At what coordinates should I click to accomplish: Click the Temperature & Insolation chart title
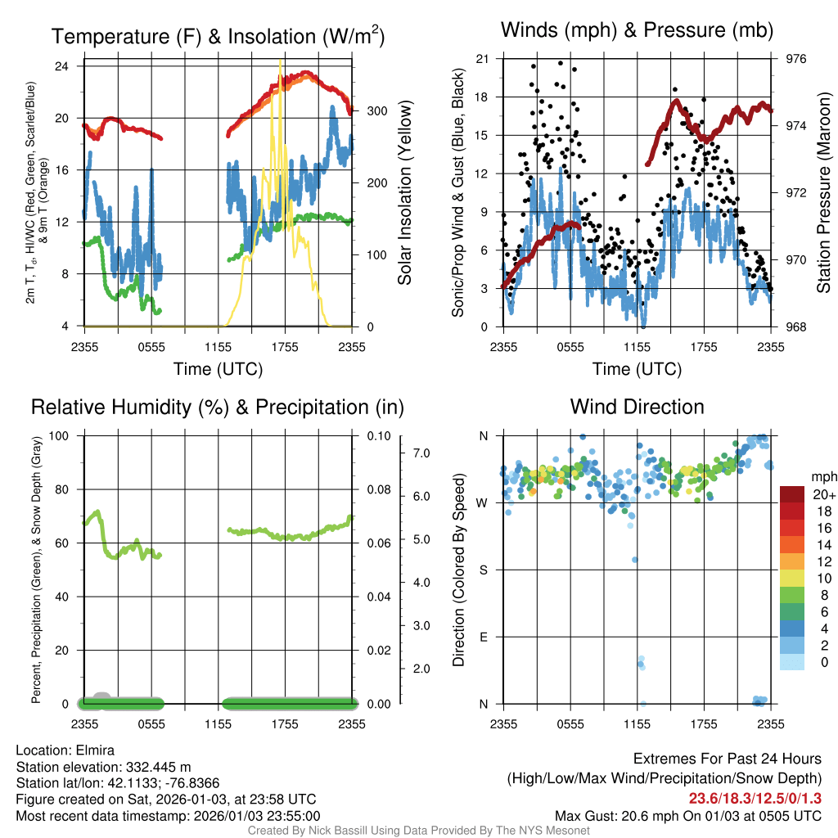pyautogui.click(x=219, y=37)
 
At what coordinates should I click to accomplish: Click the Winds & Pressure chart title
pyautogui.click(x=638, y=31)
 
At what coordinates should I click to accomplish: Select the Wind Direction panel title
pyautogui.click(x=637, y=407)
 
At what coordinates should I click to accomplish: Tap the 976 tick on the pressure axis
pyautogui.click(x=796, y=59)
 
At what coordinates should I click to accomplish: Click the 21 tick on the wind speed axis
pyautogui.click(x=483, y=59)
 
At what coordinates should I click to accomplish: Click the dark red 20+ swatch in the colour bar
pyautogui.click(x=792, y=494)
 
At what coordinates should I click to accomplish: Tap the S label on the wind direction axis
pyautogui.click(x=484, y=570)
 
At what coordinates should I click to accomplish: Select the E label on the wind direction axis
pyautogui.click(x=484, y=637)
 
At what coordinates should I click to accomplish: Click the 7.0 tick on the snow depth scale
pyautogui.click(x=420, y=453)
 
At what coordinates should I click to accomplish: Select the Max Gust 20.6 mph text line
pyautogui.click(x=687, y=815)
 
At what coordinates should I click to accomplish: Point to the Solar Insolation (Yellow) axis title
pyautogui.click(x=404, y=193)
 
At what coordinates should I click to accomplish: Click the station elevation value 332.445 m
pyautogui.click(x=158, y=767)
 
